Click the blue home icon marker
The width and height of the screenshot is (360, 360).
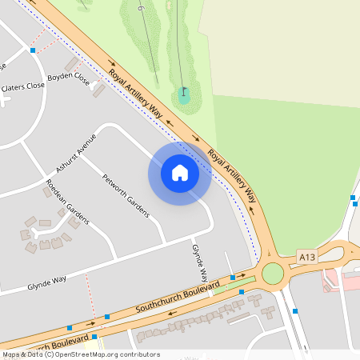180,173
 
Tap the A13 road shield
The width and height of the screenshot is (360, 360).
307,257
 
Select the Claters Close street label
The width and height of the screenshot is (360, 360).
22,86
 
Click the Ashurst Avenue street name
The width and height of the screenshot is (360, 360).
76,154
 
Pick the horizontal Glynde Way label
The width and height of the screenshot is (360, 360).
46,283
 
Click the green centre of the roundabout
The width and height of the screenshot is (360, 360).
273,274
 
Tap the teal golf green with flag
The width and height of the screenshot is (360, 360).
184,98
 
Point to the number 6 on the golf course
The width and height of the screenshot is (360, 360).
141,8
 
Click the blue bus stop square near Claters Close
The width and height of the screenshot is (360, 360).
33,50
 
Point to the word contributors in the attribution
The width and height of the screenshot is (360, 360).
138,354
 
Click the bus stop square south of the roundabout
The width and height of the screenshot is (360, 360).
295,310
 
